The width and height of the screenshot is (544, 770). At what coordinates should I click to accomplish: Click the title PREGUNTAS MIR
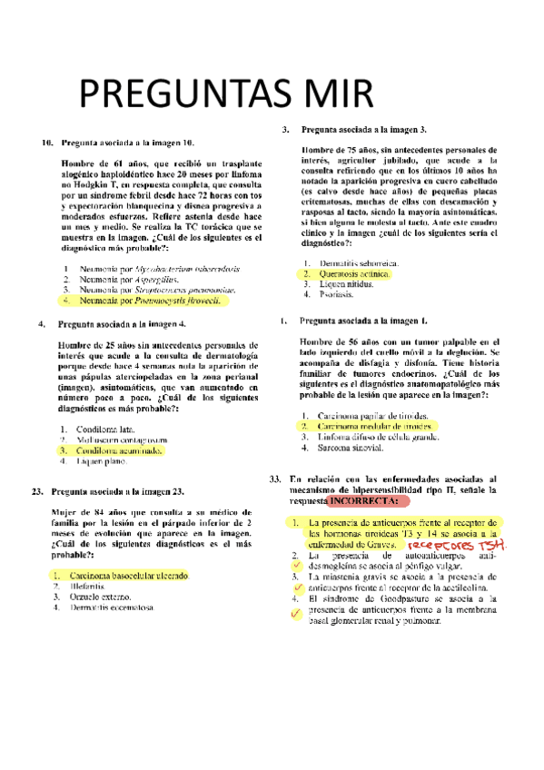click(225, 94)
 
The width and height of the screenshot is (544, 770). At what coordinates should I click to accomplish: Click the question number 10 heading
click(45, 143)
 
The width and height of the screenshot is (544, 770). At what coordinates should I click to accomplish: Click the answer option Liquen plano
click(100, 461)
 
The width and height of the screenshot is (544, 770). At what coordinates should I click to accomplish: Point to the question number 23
click(37, 492)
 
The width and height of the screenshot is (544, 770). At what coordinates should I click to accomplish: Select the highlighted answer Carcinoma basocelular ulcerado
click(132, 576)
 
